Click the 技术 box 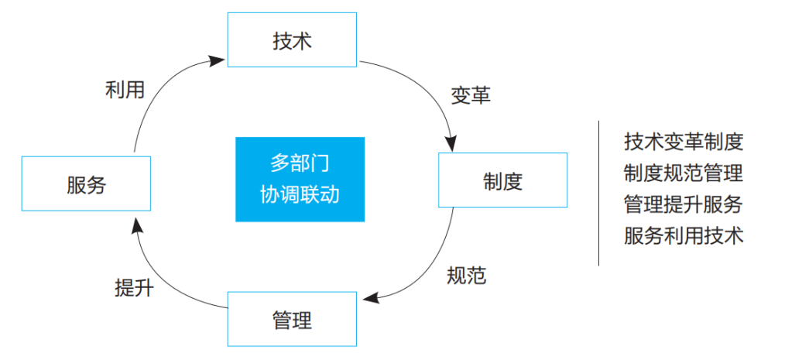point(292,40)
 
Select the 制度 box point(503,180)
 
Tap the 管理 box point(292,319)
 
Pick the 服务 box point(86,184)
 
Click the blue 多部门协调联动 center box point(300,180)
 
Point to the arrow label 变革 point(471,95)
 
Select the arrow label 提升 point(134,288)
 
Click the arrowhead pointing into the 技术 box point(221,59)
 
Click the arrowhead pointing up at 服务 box point(135,225)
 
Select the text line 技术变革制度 point(684,142)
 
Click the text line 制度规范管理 point(684,173)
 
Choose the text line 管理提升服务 point(684,204)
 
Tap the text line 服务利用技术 point(684,235)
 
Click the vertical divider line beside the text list point(598,194)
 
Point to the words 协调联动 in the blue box point(300,194)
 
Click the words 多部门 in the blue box point(300,164)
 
